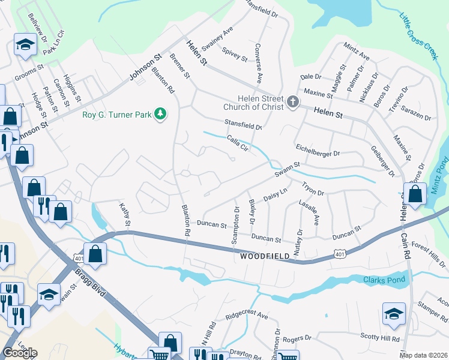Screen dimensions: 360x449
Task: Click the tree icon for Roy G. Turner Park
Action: click(160, 113)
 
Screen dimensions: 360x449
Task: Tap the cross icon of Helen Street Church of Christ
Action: click(293, 101)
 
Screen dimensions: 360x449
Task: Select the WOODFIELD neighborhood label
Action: click(265, 256)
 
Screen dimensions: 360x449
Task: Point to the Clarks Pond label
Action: click(384, 280)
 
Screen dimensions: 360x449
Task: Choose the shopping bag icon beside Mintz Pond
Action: click(415, 193)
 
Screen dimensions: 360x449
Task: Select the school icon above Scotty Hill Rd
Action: click(394, 313)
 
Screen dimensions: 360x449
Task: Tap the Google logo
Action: click(20, 353)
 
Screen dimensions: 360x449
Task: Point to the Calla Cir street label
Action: click(238, 143)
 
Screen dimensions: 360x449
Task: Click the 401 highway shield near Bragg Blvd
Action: click(80, 257)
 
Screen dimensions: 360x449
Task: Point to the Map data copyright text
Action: click(424, 355)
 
